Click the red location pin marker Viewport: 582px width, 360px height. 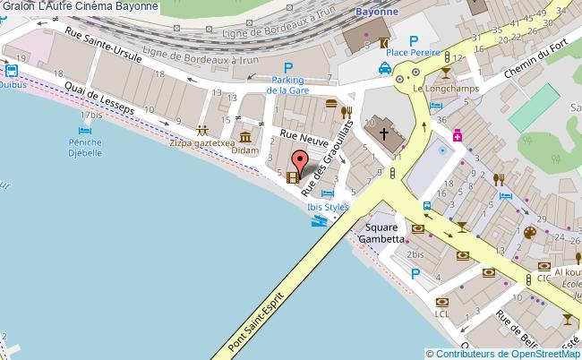(x=301, y=162)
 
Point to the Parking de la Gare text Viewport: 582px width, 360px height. (x=288, y=85)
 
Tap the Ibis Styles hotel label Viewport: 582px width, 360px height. (x=327, y=207)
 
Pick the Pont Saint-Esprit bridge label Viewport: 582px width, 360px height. (x=258, y=318)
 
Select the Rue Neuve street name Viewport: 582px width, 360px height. (x=300, y=133)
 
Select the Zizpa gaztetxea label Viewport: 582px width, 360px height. (x=201, y=141)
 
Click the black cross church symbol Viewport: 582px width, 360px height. (x=384, y=134)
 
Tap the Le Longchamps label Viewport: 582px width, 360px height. (x=445, y=89)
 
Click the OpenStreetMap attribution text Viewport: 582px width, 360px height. (x=503, y=353)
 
